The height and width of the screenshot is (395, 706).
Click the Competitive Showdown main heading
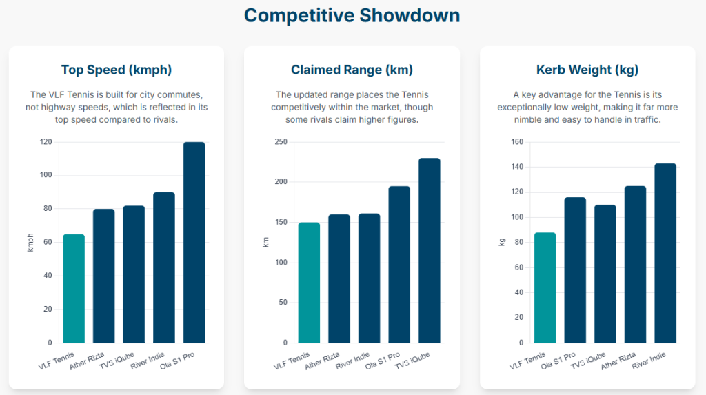click(352, 15)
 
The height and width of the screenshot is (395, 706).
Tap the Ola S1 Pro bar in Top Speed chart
click(194, 242)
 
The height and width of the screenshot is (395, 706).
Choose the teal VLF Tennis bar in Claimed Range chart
click(309, 283)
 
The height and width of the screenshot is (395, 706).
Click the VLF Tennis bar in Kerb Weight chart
click(545, 287)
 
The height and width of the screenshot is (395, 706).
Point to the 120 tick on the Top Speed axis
click(46, 142)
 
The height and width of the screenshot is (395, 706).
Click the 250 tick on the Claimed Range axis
click(281, 142)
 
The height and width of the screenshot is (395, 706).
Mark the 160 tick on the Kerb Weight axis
click(517, 142)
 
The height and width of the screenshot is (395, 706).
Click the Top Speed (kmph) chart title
click(117, 70)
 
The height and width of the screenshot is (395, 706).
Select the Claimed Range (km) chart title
click(352, 70)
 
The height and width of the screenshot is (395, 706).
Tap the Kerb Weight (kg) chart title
click(587, 70)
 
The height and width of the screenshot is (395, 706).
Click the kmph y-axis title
click(30, 242)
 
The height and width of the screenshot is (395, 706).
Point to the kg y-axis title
click(501, 242)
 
